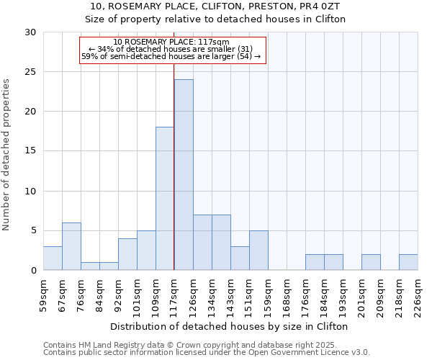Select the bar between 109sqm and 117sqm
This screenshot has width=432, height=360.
pyautogui.click(x=165, y=199)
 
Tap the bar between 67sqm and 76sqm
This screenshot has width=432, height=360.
pyautogui.click(x=71, y=246)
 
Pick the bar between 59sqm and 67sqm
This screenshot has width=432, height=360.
pyautogui.click(x=53, y=258)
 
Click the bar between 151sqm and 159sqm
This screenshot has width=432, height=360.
pyautogui.click(x=258, y=251)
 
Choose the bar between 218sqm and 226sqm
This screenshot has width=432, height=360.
pyautogui.click(x=408, y=262)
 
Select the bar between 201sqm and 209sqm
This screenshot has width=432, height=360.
pyautogui.click(x=371, y=262)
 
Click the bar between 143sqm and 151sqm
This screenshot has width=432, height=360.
pyautogui.click(x=240, y=258)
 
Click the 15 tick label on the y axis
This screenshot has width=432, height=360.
pyautogui.click(x=30, y=151)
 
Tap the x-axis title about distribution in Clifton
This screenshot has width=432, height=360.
pyautogui.click(x=230, y=326)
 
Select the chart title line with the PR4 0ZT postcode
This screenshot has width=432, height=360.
pyautogui.click(x=215, y=6)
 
